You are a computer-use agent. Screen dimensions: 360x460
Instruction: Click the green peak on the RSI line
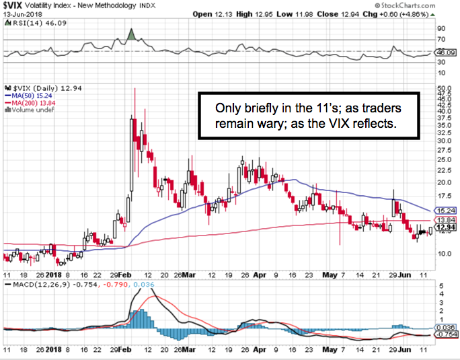pyautogui.click(x=132, y=32)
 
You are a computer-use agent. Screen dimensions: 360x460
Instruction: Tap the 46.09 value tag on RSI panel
pyautogui.click(x=442, y=52)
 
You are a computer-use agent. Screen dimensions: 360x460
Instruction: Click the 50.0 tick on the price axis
pyautogui.click(x=443, y=88)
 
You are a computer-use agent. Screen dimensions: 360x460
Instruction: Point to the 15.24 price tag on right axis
pyautogui.click(x=442, y=211)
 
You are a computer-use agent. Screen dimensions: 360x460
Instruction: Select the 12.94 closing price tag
pyautogui.click(x=442, y=228)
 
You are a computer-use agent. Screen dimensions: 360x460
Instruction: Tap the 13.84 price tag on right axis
pyautogui.click(x=442, y=220)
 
